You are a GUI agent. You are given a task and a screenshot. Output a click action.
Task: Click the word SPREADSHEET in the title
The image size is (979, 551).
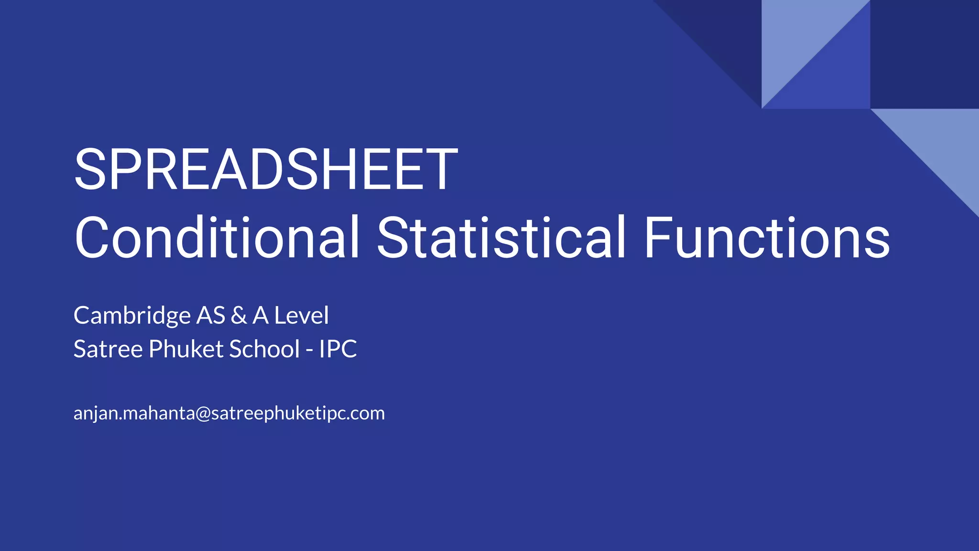(x=266, y=170)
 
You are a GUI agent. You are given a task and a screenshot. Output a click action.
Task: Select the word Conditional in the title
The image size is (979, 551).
(x=217, y=238)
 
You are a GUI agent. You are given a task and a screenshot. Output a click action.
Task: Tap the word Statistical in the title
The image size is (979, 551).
(x=501, y=238)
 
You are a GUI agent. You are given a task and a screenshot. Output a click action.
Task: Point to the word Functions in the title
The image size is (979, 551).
(x=767, y=238)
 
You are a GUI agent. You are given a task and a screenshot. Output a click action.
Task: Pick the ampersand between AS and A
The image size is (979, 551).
(x=239, y=316)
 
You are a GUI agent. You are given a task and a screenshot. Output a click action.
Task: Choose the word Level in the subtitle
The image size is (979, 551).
(x=301, y=316)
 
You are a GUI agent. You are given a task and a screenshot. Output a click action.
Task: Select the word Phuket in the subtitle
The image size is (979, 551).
(x=186, y=349)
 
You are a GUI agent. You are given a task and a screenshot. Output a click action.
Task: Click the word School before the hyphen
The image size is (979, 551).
(x=264, y=349)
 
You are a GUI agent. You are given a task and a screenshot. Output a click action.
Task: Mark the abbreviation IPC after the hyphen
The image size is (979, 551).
(x=338, y=349)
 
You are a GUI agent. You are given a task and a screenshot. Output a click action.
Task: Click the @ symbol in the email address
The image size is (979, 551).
(x=203, y=413)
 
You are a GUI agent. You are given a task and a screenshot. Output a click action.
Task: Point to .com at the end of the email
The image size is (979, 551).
(x=367, y=413)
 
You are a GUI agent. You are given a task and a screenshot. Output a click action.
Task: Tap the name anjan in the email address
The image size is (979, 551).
(x=95, y=413)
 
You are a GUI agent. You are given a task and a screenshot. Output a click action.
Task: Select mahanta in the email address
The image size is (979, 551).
(x=159, y=413)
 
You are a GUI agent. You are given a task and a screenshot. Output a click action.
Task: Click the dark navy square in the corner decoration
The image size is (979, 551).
(x=924, y=54)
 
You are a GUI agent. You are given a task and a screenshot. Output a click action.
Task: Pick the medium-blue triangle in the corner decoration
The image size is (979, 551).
(x=834, y=77)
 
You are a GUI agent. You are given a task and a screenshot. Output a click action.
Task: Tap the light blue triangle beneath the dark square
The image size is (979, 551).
(x=942, y=143)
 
